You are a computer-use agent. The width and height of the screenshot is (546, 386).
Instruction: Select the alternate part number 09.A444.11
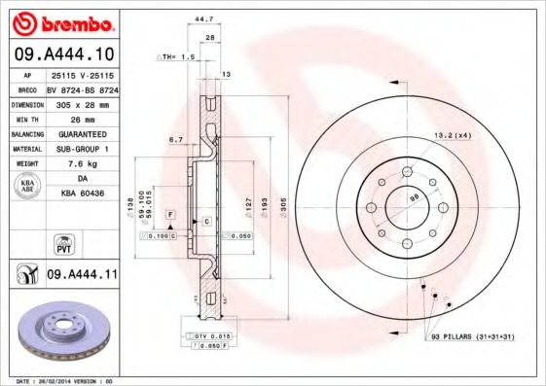click(82, 276)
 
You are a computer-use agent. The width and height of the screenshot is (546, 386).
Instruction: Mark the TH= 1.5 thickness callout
click(176, 57)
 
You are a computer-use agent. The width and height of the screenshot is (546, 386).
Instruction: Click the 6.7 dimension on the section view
click(175, 140)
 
